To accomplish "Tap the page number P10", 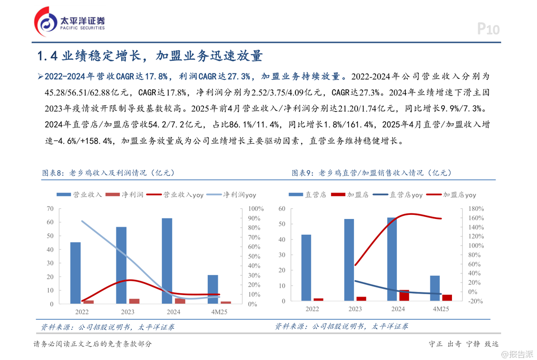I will pyautogui.click(x=488, y=30).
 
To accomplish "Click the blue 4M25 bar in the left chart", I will pyautogui.click(x=213, y=289).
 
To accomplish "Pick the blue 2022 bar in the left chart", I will pyautogui.click(x=76, y=273).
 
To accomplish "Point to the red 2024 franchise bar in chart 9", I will pyautogui.click(x=404, y=295).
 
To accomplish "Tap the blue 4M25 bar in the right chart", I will pyautogui.click(x=435, y=288).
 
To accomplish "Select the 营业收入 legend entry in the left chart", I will pyautogui.click(x=80, y=195).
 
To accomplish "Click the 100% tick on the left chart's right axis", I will pyautogui.click(x=256, y=209).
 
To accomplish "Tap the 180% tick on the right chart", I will pyautogui.click(x=476, y=209).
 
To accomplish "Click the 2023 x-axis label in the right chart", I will pyautogui.click(x=355, y=309).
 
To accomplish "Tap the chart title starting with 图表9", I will pyautogui.click(x=372, y=173).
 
